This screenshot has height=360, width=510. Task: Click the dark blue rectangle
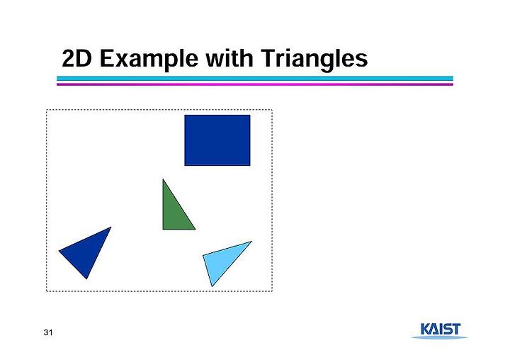coord(217,140)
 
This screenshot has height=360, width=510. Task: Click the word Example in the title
coord(149,60)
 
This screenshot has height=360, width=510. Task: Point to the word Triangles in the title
coord(314,60)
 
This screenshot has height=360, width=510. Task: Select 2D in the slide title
coord(76,59)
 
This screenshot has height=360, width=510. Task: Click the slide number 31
coord(48,332)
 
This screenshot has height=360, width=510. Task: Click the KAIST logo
coord(440,331)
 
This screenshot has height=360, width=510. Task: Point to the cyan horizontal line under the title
coord(255,79)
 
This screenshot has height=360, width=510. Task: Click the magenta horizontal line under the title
coord(255,84)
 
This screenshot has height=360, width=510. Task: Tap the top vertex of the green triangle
coord(163,179)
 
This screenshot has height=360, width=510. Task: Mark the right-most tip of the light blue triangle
coord(251,241)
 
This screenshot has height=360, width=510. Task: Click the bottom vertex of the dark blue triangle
coord(86,279)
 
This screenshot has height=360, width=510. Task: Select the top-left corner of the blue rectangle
coord(185,116)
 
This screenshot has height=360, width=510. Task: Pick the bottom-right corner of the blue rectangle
coord(250,165)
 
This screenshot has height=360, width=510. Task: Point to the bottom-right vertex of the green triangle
coord(195,230)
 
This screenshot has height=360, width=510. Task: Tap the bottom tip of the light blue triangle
coord(212,286)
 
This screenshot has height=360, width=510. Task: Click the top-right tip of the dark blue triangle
coord(111,227)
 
